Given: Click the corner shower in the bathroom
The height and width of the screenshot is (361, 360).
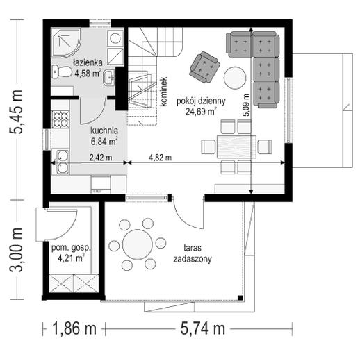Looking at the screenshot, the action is pos(65,43).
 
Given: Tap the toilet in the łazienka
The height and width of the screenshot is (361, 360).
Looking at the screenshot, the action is pos(61,72).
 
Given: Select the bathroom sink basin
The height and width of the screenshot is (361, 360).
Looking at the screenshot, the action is pos(109,78).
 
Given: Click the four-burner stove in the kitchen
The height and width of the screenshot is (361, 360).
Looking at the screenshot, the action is pos(60,119).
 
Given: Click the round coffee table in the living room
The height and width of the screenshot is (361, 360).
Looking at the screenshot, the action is pos(235,78).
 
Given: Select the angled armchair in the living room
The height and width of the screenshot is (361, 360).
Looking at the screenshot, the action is pos(204,67).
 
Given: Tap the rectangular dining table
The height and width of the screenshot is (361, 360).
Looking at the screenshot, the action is pos(236,146).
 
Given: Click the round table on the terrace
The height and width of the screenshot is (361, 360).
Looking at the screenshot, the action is pos(138,244).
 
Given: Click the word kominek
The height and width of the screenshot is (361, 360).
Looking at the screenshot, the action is pos(164,92).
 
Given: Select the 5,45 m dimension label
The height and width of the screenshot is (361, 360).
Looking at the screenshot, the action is pos(16,112).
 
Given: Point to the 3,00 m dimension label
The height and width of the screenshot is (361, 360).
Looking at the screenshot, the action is pos(16,249).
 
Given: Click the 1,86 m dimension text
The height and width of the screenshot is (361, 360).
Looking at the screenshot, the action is pos(74,328).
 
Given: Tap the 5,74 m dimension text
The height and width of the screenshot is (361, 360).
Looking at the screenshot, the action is pos(203,328).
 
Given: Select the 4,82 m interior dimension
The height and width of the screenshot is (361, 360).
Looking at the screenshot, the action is pos(160,158).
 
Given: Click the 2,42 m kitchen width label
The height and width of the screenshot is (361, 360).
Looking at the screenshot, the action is pos(101,158).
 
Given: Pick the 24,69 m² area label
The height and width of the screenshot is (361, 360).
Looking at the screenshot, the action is pos(201,112).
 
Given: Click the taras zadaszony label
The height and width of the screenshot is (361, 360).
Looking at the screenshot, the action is pos(193,253).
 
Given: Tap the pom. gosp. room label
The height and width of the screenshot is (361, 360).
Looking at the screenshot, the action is pos(70,248).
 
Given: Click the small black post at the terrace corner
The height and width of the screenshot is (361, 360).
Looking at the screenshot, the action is pos(240,298).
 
